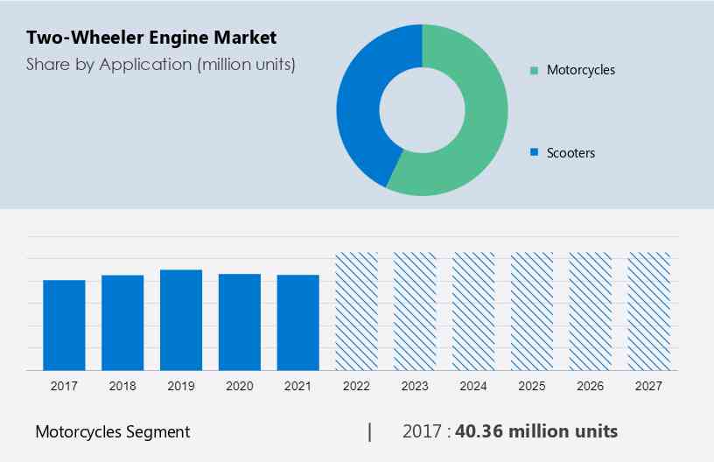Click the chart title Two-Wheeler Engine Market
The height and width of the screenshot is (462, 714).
click(151, 38)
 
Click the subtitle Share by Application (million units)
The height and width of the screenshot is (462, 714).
click(160, 64)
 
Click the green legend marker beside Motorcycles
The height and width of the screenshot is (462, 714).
click(534, 70)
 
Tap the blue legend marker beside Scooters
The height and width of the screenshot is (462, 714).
click(534, 153)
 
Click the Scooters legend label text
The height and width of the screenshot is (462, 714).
click(570, 153)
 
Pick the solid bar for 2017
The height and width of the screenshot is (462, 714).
click(64, 325)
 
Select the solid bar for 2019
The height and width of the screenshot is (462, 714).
click(181, 319)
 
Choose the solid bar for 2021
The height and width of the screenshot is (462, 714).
click(298, 322)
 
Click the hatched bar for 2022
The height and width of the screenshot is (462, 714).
click(357, 311)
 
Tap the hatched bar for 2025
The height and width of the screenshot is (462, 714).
click(532, 311)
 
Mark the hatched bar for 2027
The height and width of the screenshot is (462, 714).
click(649, 311)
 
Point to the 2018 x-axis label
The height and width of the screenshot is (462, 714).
click(122, 385)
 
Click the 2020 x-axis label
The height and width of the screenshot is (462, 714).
click(240, 385)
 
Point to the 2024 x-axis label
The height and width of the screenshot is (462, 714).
click(473, 385)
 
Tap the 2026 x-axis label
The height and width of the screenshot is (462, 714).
click(591, 385)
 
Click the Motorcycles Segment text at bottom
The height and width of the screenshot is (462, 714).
click(112, 431)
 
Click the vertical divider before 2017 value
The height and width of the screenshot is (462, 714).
click(370, 431)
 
